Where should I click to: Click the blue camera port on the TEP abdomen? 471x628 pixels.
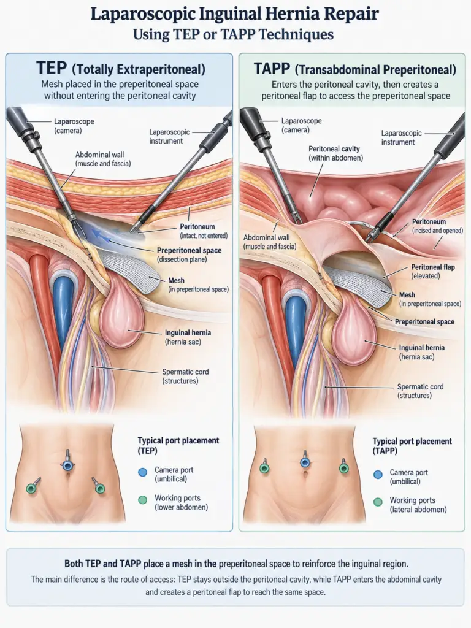click(x=67, y=465)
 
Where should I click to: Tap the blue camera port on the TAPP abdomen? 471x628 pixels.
click(x=305, y=462)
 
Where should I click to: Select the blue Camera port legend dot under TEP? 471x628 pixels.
click(x=142, y=472)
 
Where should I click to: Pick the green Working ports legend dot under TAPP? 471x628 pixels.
click(x=378, y=502)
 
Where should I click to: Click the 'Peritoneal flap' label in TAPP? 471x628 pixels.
click(x=433, y=271)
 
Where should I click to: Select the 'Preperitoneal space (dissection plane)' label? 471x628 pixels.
click(x=189, y=255)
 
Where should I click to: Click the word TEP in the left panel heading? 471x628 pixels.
click(x=52, y=68)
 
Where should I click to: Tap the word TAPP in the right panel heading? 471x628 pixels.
click(x=272, y=69)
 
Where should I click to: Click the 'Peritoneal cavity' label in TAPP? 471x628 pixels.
click(x=335, y=153)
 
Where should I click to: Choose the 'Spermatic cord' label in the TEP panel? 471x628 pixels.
click(x=185, y=376)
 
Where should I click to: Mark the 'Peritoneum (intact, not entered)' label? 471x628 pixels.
click(x=204, y=231)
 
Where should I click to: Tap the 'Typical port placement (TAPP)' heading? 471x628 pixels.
click(x=412, y=446)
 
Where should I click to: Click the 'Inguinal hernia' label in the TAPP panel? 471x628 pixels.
click(x=422, y=352)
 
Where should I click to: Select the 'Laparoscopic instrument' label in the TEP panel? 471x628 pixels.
click(x=169, y=136)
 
